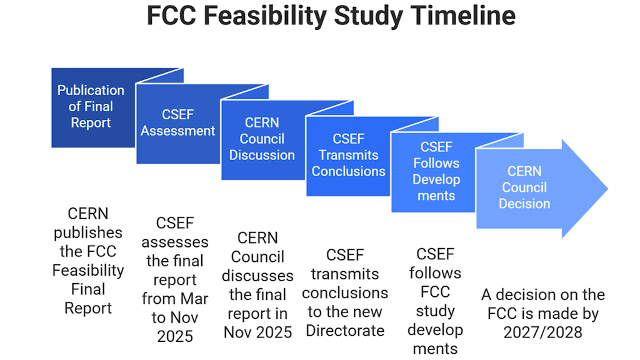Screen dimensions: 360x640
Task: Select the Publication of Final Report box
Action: [91, 107]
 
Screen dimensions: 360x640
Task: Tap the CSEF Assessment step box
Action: [177, 123]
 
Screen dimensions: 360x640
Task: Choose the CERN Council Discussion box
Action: [262, 139]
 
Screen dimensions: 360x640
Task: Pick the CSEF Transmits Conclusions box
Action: [348, 155]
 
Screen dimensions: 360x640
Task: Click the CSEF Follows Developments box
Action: [436, 171]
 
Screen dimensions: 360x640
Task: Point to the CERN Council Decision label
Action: [524, 187]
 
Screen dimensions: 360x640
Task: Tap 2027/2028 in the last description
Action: [542, 332]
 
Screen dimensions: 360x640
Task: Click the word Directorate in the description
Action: [345, 330]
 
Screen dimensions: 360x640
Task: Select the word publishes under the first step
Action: [88, 233]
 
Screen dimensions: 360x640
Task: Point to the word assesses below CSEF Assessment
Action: [175, 242]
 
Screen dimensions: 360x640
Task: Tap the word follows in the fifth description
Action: [436, 273]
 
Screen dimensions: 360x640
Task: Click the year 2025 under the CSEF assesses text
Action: [175, 336]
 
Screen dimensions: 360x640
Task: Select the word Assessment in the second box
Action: [177, 131]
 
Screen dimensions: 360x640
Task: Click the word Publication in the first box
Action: [91, 90]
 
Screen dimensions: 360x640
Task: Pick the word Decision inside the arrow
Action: [524, 204]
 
